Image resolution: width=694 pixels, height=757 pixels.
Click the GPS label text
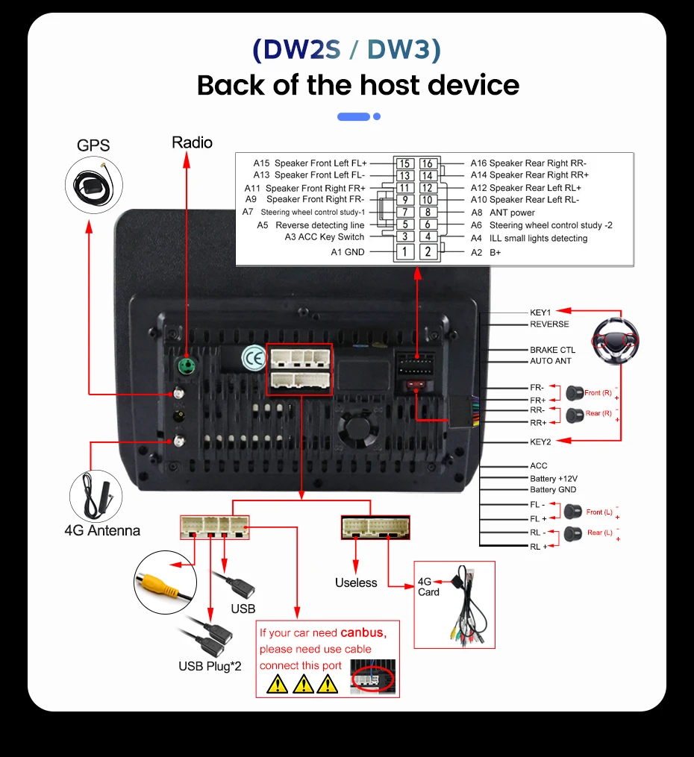point(93,145)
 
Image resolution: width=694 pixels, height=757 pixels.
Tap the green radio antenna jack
point(187,365)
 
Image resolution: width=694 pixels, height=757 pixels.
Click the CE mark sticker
point(254,358)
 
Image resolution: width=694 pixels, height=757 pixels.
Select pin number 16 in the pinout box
point(428,163)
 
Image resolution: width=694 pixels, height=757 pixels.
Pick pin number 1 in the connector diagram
point(404,251)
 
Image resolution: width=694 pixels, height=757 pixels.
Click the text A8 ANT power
point(503,213)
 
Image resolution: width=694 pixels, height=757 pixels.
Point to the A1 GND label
point(348,252)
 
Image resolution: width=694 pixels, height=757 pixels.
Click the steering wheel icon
point(616,341)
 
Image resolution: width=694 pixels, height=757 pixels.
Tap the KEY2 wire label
point(540,442)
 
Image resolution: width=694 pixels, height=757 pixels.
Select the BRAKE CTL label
point(552,350)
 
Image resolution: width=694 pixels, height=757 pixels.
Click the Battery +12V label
point(554,478)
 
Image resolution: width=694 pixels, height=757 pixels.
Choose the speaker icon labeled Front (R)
point(574,393)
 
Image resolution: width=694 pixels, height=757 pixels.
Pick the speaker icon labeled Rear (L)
point(573,533)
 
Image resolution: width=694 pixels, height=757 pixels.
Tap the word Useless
point(356,582)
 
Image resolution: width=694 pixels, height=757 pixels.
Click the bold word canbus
point(363,632)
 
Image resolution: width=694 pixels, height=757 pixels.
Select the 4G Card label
point(428,587)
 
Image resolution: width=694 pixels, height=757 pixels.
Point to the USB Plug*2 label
point(210,666)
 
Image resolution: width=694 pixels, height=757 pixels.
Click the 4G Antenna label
point(102,530)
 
